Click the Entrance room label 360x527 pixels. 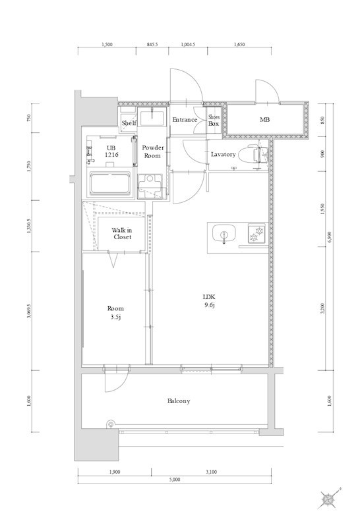tap(185, 120)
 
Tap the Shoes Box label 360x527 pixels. tap(214, 121)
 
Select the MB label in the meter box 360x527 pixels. tap(264, 119)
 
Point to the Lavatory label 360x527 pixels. tap(223, 154)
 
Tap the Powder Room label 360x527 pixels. tap(152, 152)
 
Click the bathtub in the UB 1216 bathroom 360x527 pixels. tap(109, 184)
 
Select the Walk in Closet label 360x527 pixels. tap(122, 233)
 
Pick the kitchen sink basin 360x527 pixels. tap(224, 233)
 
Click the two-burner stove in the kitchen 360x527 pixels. tap(256, 234)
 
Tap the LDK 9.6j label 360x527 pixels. tap(209, 301)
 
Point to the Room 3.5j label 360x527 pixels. tap(115, 312)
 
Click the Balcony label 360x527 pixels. tap(179, 401)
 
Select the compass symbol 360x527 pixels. tap(328, 499)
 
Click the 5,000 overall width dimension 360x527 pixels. tap(175, 480)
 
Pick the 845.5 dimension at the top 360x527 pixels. tap(152, 44)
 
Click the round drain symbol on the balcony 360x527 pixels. tap(110, 424)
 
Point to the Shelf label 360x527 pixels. tap(129, 123)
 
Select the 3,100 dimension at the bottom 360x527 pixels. tap(211, 472)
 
